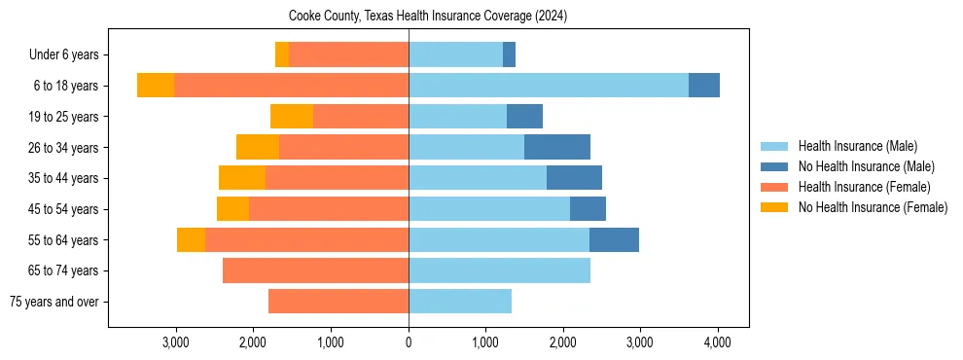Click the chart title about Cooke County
pyautogui.click(x=428, y=17)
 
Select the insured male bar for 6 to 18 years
pyautogui.click(x=549, y=86)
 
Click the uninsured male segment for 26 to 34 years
pyautogui.click(x=557, y=147)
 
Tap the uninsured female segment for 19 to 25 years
pyautogui.click(x=292, y=116)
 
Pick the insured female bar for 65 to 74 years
pyautogui.click(x=315, y=270)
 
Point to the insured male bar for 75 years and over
pyautogui.click(x=460, y=302)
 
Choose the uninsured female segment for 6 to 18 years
pyautogui.click(x=156, y=86)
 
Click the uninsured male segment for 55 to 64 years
pyautogui.click(x=614, y=239)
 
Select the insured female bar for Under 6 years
pyautogui.click(x=348, y=54)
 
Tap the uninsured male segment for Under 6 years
pyautogui.click(x=509, y=54)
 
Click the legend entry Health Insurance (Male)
pyautogui.click(x=857, y=146)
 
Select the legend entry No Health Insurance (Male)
pyautogui.click(x=866, y=166)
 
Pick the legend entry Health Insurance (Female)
pyautogui.click(x=864, y=187)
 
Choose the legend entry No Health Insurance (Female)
pyautogui.click(x=873, y=207)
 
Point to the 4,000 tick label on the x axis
pyautogui.click(x=718, y=343)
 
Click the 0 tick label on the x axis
pyautogui.click(x=409, y=343)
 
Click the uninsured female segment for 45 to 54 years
pyautogui.click(x=232, y=208)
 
